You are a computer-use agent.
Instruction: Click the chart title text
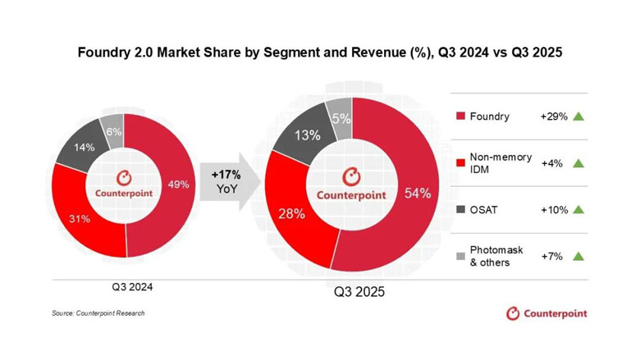coord(319,52)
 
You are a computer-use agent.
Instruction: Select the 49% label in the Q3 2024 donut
coord(179,185)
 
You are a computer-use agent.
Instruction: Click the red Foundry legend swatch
coord(460,116)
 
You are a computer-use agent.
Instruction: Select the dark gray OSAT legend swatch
coord(460,210)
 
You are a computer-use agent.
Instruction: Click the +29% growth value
coord(555,116)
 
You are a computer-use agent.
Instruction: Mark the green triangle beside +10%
coord(579,210)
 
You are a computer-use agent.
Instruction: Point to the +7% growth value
coord(552,257)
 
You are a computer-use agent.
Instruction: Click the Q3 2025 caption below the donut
coord(359,292)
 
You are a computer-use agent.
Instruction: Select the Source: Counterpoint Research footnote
coord(94,313)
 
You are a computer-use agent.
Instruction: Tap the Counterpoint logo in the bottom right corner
coord(546,312)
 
